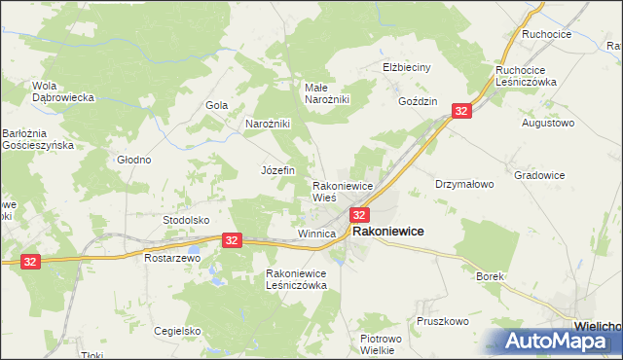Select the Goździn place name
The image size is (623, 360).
click(419, 101)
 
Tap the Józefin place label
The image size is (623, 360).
click(277, 170)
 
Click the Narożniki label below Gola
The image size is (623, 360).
click(268, 125)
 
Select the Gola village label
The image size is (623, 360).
click(216, 105)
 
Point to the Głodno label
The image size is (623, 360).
click(133, 160)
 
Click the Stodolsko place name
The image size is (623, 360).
click(186, 220)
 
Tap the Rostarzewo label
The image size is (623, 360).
click(171, 259)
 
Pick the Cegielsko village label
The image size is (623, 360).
click(176, 331)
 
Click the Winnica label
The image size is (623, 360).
click(316, 234)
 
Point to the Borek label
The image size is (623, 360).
click(490, 276)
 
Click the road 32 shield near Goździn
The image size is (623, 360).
click(461, 112)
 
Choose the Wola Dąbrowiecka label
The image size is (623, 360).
click(62, 90)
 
